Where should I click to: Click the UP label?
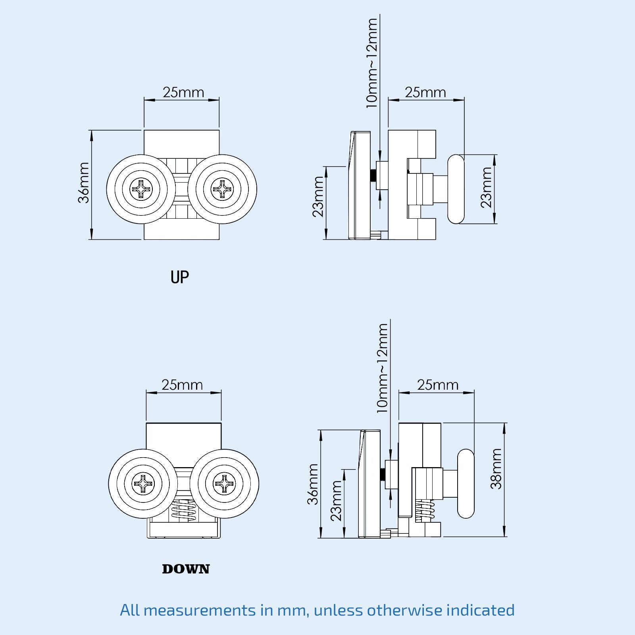coord(179,277)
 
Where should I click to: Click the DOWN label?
coord(186,569)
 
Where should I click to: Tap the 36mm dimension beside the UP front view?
coord(84,183)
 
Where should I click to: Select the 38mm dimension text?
coord(496,469)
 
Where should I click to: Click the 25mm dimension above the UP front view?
coord(183,92)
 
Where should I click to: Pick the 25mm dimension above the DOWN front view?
coord(182,385)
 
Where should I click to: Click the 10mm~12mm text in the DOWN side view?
coord(382,368)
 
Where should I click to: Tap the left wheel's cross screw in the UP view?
coord(141,189)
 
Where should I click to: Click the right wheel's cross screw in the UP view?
coord(222,189)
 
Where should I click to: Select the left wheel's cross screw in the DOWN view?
coord(143,483)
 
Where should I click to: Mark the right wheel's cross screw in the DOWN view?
coord(224,483)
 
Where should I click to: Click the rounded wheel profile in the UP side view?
coord(456,189)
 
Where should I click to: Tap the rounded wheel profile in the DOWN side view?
coord(466,483)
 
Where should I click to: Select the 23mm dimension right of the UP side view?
coord(486,187)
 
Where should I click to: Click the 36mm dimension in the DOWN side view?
coord(313,484)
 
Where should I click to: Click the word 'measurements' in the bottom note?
coord(200,610)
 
